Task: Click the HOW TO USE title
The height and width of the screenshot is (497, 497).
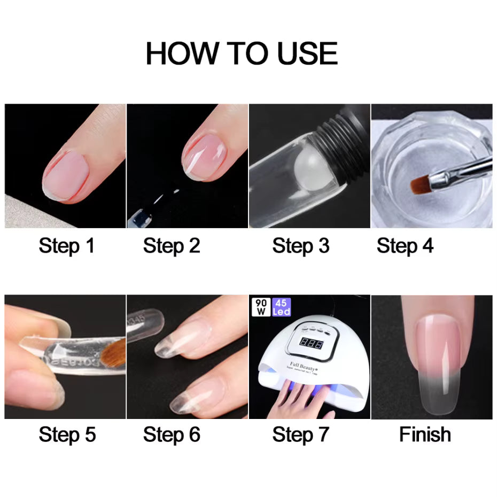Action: point(242,53)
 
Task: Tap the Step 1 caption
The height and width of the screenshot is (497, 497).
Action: point(66,246)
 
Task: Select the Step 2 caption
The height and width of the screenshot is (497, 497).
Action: point(172,246)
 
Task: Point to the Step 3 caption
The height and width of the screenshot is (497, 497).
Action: point(301,246)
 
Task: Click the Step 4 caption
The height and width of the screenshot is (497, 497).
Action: point(405,246)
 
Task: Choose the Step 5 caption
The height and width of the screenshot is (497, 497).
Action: point(67,434)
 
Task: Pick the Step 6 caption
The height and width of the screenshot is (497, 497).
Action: point(172,434)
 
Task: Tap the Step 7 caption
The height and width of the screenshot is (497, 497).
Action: point(301,434)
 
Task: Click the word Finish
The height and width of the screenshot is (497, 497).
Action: point(425,434)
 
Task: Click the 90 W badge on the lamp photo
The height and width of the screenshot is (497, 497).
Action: point(261,306)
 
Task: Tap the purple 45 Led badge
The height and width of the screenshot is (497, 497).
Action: point(281,306)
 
